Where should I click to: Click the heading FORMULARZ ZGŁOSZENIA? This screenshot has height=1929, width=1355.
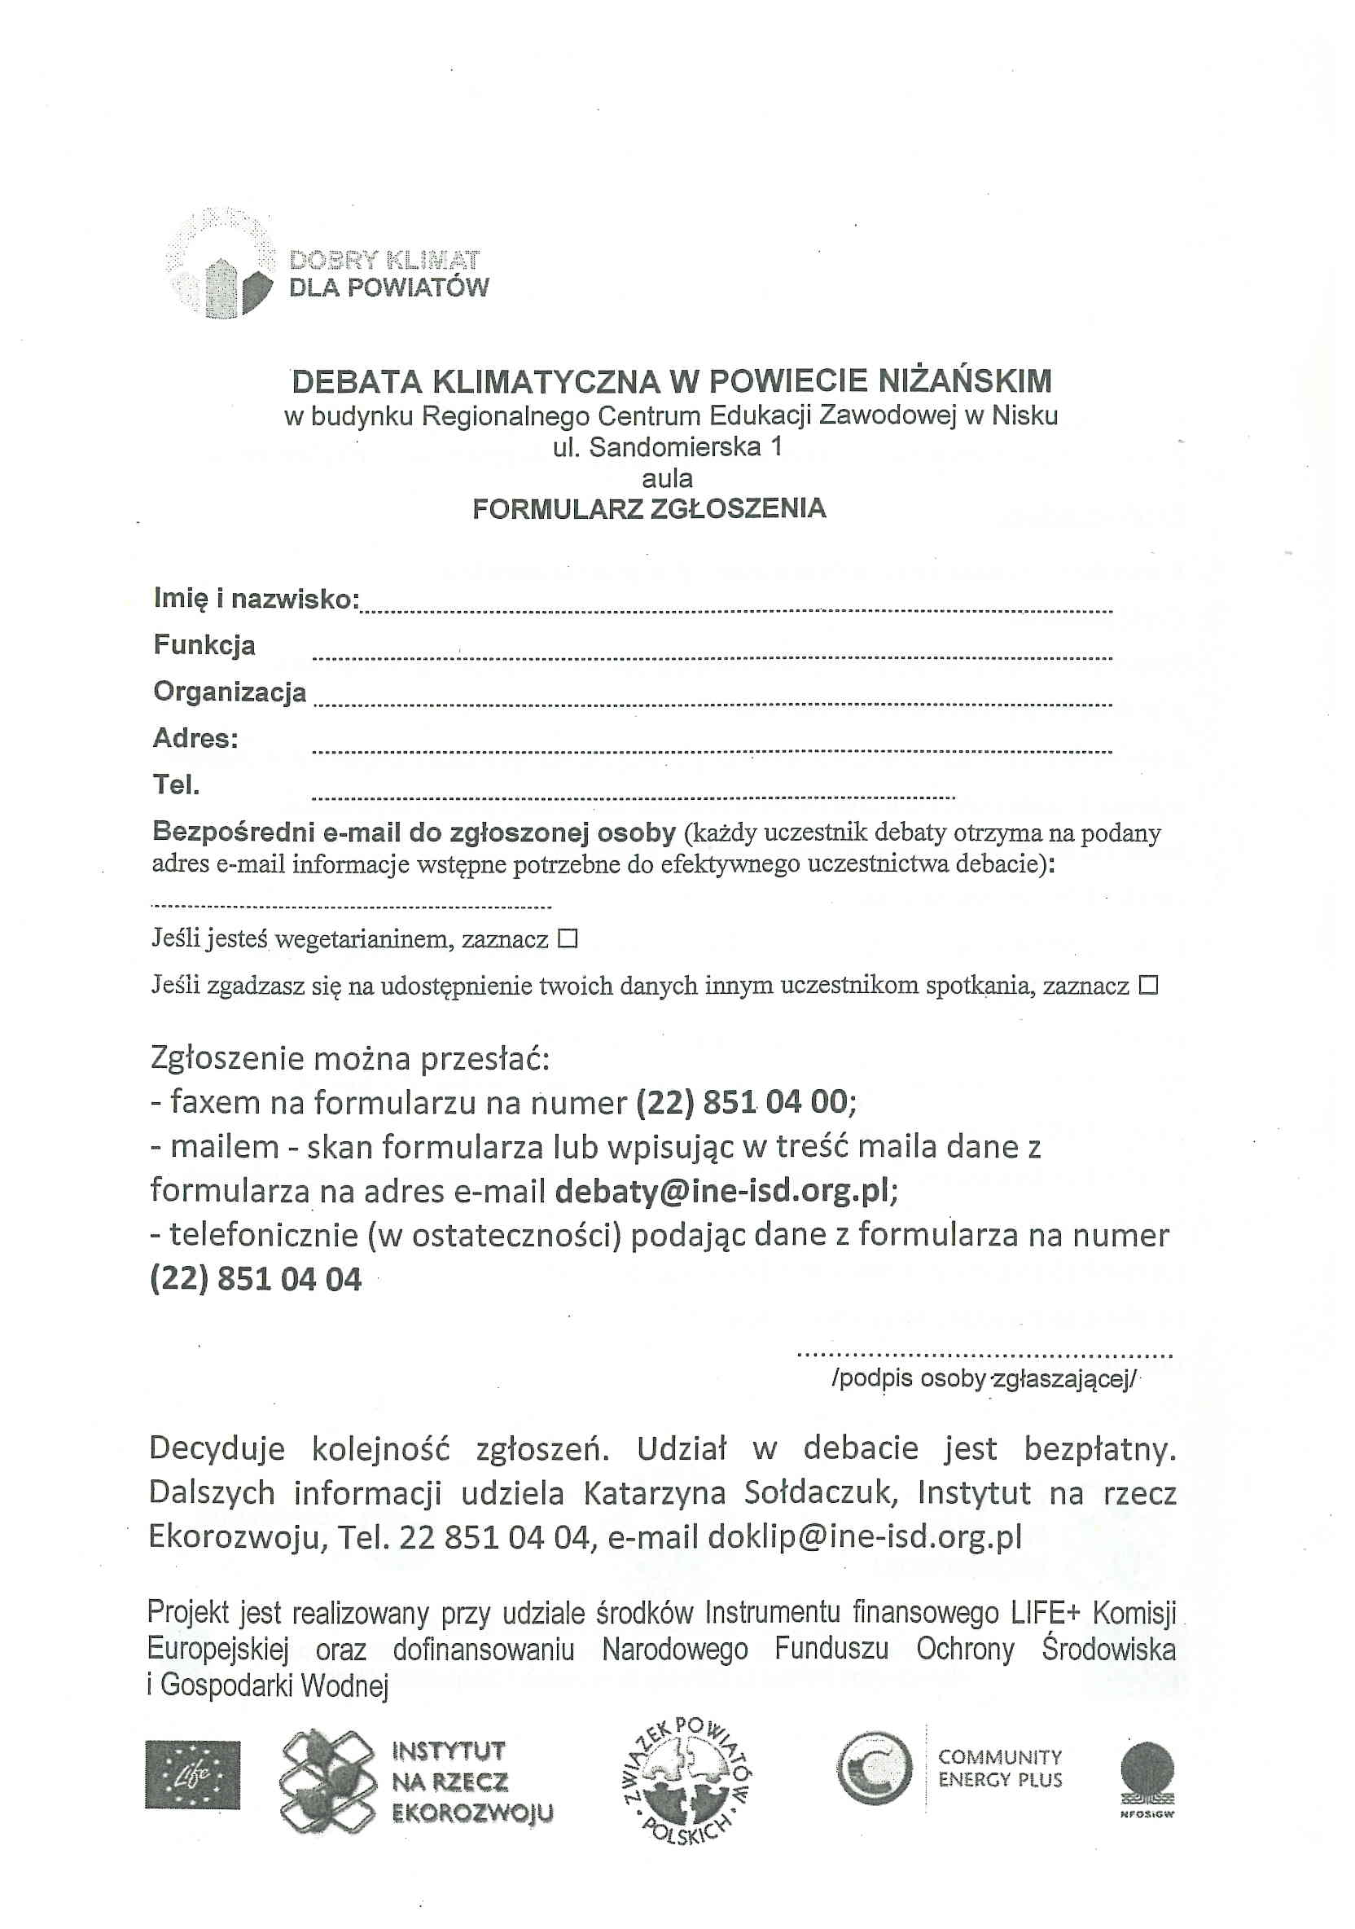point(648,509)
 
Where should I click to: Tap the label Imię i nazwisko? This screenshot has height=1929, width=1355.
point(256,599)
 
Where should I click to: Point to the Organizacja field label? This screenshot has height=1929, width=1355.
point(230,692)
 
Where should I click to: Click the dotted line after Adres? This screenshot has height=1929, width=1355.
point(713,750)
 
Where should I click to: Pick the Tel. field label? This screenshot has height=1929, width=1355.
point(177,784)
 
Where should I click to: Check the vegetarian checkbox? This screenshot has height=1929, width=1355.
point(568,938)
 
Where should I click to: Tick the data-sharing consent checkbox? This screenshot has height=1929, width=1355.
point(1147,985)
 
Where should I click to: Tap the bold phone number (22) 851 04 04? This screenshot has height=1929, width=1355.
point(256,1280)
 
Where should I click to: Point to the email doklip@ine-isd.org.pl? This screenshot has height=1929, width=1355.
point(865,1536)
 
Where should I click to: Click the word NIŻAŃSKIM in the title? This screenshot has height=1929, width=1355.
point(964,381)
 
